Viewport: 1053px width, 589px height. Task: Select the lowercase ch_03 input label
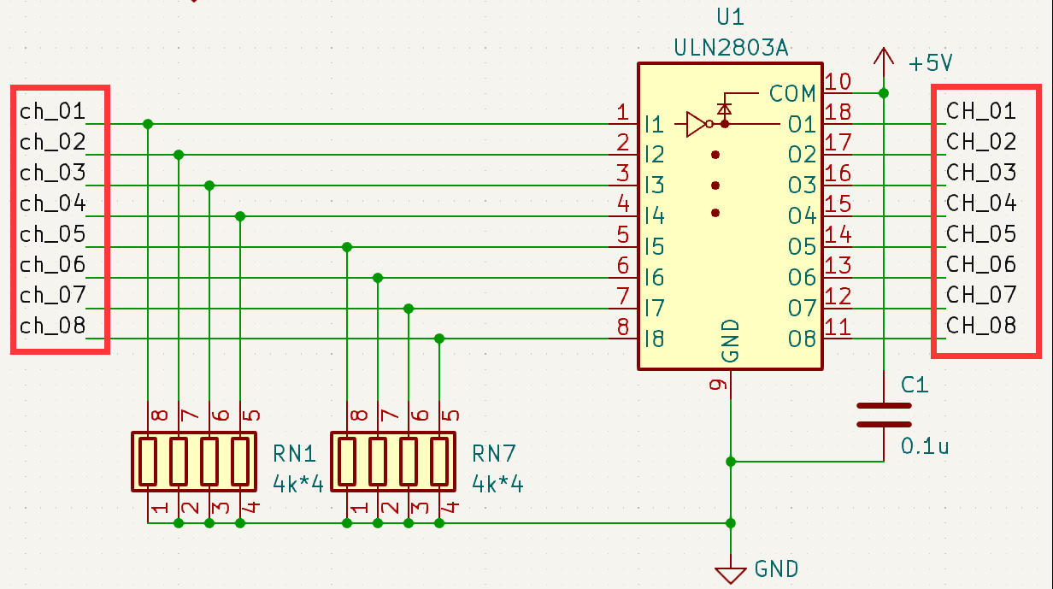[53, 173]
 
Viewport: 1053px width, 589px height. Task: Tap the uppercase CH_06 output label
[981, 264]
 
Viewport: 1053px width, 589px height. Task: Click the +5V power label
[931, 63]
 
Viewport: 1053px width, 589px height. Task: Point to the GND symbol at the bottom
[730, 574]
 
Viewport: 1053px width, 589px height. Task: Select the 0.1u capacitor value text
[925, 445]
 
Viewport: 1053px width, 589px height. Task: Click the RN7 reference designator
[494, 452]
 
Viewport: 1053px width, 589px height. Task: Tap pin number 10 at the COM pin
[838, 82]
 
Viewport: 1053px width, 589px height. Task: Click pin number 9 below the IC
[720, 385]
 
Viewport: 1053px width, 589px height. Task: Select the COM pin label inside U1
[792, 92]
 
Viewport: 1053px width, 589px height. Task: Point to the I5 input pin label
[655, 247]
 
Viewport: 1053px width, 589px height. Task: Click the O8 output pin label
[802, 339]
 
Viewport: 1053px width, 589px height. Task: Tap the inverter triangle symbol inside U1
[697, 124]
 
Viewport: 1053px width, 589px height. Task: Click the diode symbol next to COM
[725, 109]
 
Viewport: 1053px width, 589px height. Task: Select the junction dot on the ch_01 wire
[148, 124]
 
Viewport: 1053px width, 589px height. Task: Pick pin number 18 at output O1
[838, 113]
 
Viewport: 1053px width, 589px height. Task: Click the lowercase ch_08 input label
[53, 326]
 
